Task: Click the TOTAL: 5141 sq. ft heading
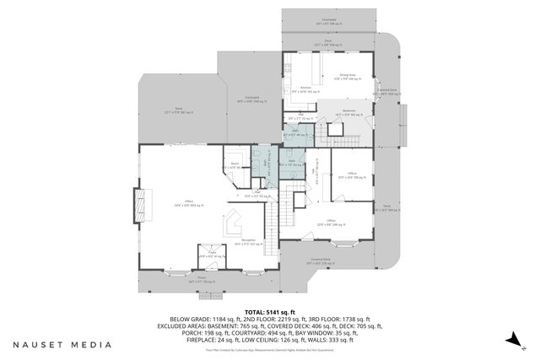click(270, 312)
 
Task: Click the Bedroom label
click(349, 111)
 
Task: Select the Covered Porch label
click(320, 260)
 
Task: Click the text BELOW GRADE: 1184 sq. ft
click(203, 320)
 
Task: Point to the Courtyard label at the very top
click(330, 19)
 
